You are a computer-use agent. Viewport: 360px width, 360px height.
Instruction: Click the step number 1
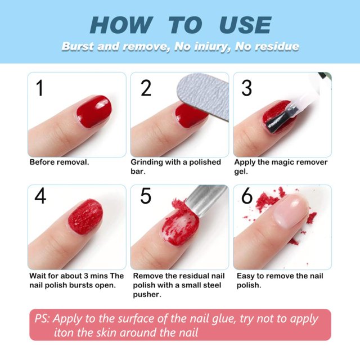[x=39, y=88]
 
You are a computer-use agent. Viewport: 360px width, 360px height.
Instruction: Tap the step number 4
[x=40, y=196]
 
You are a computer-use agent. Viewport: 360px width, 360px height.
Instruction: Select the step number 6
[x=246, y=196]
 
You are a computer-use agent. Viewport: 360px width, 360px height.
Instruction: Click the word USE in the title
[x=245, y=25]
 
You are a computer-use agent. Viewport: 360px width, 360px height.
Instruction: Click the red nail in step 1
[x=93, y=111]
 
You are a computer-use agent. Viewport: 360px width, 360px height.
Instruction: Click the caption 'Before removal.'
[x=59, y=162]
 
